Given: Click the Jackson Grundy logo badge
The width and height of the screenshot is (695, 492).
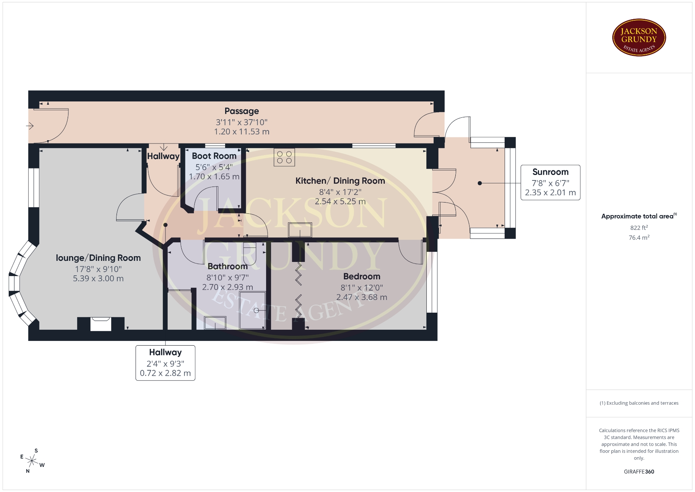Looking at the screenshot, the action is pos(639,38).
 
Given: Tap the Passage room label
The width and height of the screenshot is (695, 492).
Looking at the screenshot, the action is pos(241,111).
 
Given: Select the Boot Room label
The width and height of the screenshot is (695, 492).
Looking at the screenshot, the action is pos(214,156).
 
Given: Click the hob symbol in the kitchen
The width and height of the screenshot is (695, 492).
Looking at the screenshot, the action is pos(284,157).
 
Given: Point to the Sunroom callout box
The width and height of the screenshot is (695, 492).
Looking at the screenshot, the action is pos(550,182).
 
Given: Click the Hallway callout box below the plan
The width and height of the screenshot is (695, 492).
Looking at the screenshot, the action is pos(165,363).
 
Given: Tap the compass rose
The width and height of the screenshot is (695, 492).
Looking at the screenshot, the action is pos(32,461).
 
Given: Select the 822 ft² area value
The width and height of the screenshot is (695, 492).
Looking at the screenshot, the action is pos(639,228).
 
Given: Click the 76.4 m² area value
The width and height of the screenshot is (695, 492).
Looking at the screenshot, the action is pos(639,238).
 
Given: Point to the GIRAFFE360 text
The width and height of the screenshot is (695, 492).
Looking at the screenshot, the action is pos(639,472).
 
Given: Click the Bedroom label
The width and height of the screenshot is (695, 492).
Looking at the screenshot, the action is pos(362,276).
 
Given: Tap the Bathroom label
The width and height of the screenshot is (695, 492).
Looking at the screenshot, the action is pos(227,266).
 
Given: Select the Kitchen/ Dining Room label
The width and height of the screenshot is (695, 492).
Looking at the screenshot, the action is pos(340,181).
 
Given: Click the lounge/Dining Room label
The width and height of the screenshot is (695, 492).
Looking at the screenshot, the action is pos(98,258).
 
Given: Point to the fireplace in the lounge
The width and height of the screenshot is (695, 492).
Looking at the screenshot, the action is pos(101,324).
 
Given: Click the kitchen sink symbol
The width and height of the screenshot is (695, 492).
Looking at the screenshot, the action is pos(300,230).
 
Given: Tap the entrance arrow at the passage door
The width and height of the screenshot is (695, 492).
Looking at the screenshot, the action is pos(30,126).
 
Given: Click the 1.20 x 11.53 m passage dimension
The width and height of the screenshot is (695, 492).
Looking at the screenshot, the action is pos(241,132).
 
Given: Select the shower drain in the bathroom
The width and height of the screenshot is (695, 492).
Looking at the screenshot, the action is pos(256,310).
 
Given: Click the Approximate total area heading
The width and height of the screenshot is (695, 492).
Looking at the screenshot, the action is pos(639,216).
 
